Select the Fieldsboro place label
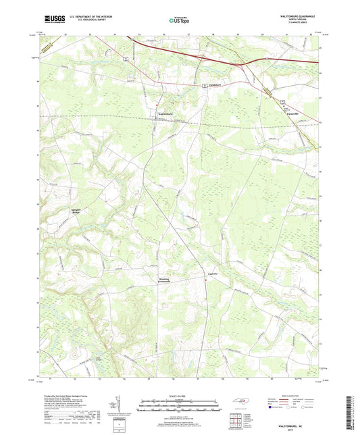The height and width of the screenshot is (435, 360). pos(213,84)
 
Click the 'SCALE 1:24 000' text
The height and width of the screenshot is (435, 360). pos(180,396)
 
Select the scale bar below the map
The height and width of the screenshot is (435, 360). pos(180,407)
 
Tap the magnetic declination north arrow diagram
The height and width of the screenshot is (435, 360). pos(121,407)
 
